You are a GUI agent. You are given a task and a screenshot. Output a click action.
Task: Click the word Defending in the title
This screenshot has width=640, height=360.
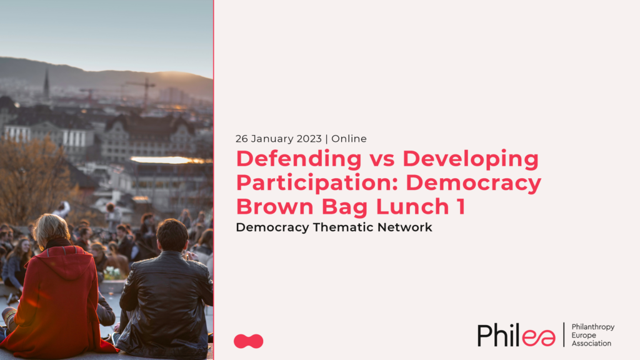(299, 159)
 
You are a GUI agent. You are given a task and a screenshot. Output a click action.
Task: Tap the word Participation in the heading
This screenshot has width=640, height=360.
(317, 182)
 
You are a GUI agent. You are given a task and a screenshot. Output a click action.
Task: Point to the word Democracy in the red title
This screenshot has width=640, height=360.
(474, 182)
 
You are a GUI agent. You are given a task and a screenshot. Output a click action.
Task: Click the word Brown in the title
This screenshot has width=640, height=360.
(276, 206)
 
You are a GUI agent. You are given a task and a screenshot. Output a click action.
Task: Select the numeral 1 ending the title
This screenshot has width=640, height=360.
(461, 206)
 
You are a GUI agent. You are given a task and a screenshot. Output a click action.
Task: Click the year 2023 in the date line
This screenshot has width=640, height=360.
(309, 139)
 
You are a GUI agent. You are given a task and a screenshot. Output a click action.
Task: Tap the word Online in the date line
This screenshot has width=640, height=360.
(349, 139)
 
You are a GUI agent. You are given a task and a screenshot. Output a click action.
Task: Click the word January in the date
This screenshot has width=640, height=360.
(272, 139)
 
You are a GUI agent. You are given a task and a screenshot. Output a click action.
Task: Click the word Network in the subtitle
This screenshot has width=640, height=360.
(404, 227)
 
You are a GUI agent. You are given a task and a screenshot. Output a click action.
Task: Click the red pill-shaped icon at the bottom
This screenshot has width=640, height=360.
(249, 341)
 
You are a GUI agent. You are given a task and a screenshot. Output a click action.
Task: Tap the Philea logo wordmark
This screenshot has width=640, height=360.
(516, 335)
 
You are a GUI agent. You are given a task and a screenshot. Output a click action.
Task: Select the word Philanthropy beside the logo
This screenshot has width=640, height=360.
(593, 327)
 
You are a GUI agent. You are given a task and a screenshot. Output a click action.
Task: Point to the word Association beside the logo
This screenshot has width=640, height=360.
(591, 343)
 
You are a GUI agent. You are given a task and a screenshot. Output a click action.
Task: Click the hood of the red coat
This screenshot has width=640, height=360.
(70, 261)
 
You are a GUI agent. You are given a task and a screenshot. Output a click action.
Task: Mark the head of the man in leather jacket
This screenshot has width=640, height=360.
(172, 235)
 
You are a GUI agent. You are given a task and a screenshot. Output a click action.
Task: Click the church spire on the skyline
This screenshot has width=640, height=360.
(46, 84)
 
